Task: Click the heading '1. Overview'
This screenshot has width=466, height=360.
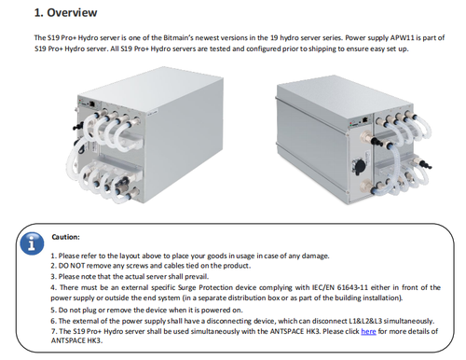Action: [65, 13]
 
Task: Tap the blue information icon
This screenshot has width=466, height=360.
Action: [32, 243]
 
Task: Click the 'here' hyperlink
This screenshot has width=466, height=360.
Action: [368, 332]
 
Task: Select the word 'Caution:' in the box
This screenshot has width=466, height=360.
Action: [66, 237]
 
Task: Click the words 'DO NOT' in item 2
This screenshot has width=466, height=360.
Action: [72, 266]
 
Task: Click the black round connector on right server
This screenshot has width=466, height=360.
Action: [360, 164]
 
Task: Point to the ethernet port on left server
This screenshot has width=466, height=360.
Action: [92, 104]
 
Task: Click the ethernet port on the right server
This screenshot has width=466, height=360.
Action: [365, 119]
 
